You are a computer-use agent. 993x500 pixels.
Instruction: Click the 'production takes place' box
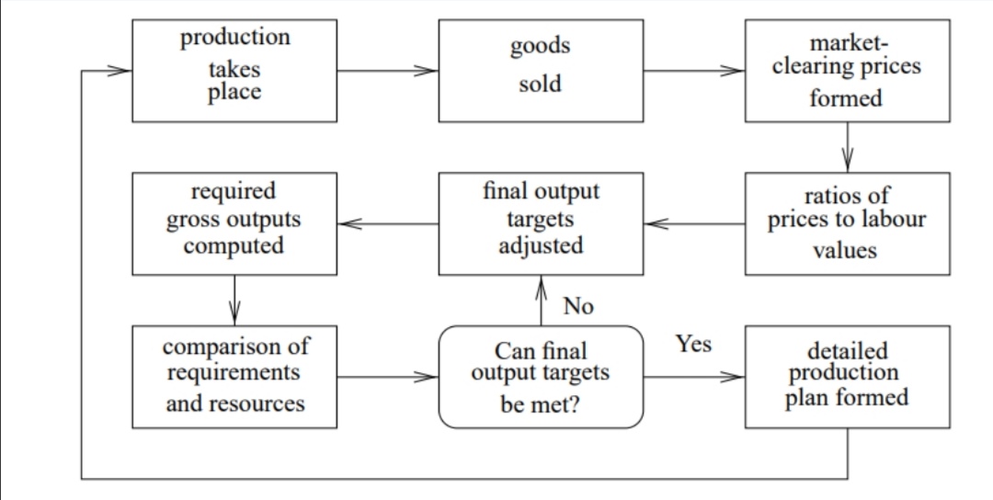click(234, 70)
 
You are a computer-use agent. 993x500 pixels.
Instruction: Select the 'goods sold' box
click(541, 70)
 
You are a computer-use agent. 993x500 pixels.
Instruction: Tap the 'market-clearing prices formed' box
click(848, 70)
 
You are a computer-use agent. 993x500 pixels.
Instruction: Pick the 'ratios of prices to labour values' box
click(848, 223)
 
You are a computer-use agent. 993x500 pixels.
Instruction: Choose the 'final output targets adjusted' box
click(541, 223)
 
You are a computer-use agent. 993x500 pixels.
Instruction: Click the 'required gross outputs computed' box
click(234, 223)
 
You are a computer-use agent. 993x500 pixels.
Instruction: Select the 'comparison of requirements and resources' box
click(234, 377)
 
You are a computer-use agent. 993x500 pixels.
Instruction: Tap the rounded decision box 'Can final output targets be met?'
click(541, 377)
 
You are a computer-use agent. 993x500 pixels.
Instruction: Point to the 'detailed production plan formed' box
click(848, 377)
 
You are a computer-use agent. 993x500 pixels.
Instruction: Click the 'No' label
click(578, 306)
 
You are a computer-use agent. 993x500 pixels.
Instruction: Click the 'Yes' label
click(693, 344)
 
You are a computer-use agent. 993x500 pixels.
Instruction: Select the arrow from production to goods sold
click(388, 70)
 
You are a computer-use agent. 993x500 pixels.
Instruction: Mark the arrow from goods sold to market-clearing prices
click(694, 70)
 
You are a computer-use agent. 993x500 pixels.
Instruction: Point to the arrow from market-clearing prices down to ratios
click(848, 147)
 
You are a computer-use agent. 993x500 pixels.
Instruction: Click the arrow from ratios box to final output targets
click(694, 223)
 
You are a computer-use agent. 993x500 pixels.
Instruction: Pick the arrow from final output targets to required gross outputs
click(388, 223)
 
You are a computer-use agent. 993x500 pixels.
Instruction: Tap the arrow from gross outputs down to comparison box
click(234, 301)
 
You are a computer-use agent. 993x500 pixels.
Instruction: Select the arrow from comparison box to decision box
click(388, 377)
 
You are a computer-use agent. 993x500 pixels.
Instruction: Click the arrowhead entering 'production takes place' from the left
click(119, 70)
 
